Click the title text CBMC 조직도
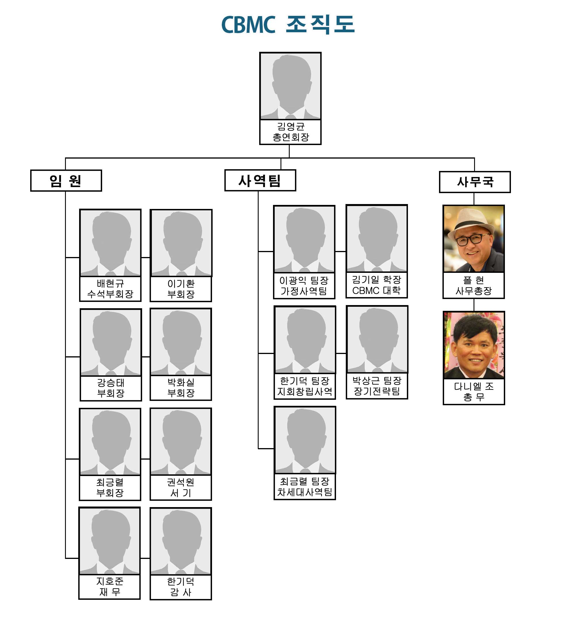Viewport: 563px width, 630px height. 288,24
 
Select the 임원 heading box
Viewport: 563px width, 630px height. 66,181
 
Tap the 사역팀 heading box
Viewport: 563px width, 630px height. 260,180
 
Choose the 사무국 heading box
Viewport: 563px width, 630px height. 475,182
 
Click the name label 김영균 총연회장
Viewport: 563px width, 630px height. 291,132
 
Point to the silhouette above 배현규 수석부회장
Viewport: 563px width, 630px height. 110,243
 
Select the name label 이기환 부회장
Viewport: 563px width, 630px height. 181,289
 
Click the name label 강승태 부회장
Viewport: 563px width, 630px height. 111,388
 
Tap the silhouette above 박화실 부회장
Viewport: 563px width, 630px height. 181,342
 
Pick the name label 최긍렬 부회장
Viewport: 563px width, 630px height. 110,487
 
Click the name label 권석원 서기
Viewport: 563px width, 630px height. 181,487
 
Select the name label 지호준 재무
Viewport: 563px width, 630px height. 110,587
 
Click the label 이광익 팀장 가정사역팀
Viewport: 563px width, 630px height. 304,286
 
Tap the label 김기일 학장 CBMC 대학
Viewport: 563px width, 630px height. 377,285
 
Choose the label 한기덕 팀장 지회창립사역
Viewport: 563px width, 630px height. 305,386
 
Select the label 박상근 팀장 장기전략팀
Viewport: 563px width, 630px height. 377,386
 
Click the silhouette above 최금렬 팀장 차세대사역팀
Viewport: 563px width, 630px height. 305,440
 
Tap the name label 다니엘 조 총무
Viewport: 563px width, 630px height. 474,391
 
